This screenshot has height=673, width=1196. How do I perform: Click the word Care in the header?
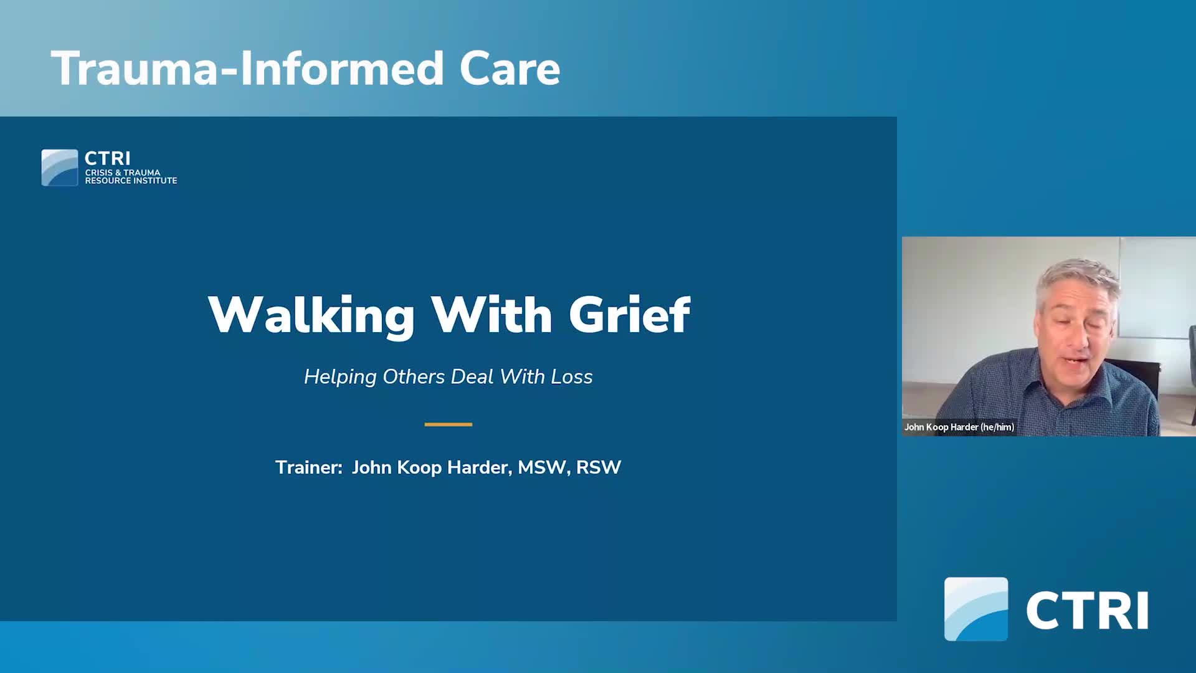(x=510, y=69)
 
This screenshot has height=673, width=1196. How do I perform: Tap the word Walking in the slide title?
(x=311, y=315)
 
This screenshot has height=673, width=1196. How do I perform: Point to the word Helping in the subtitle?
(x=340, y=377)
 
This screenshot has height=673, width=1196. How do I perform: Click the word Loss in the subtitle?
(x=572, y=376)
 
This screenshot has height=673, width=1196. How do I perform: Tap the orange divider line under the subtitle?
(x=448, y=424)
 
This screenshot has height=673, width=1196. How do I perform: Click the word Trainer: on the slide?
(x=309, y=467)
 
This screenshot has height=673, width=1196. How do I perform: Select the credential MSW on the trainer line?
(x=542, y=467)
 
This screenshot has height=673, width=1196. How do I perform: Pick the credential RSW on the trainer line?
(x=599, y=467)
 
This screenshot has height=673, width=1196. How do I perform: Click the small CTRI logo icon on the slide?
(x=60, y=168)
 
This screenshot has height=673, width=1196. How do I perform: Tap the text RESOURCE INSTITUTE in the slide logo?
(x=131, y=181)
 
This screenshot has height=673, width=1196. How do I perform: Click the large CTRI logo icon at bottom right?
(x=976, y=609)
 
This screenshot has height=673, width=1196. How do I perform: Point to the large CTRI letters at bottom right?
(x=1087, y=611)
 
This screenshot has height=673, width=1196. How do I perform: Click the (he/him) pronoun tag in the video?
(x=997, y=427)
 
